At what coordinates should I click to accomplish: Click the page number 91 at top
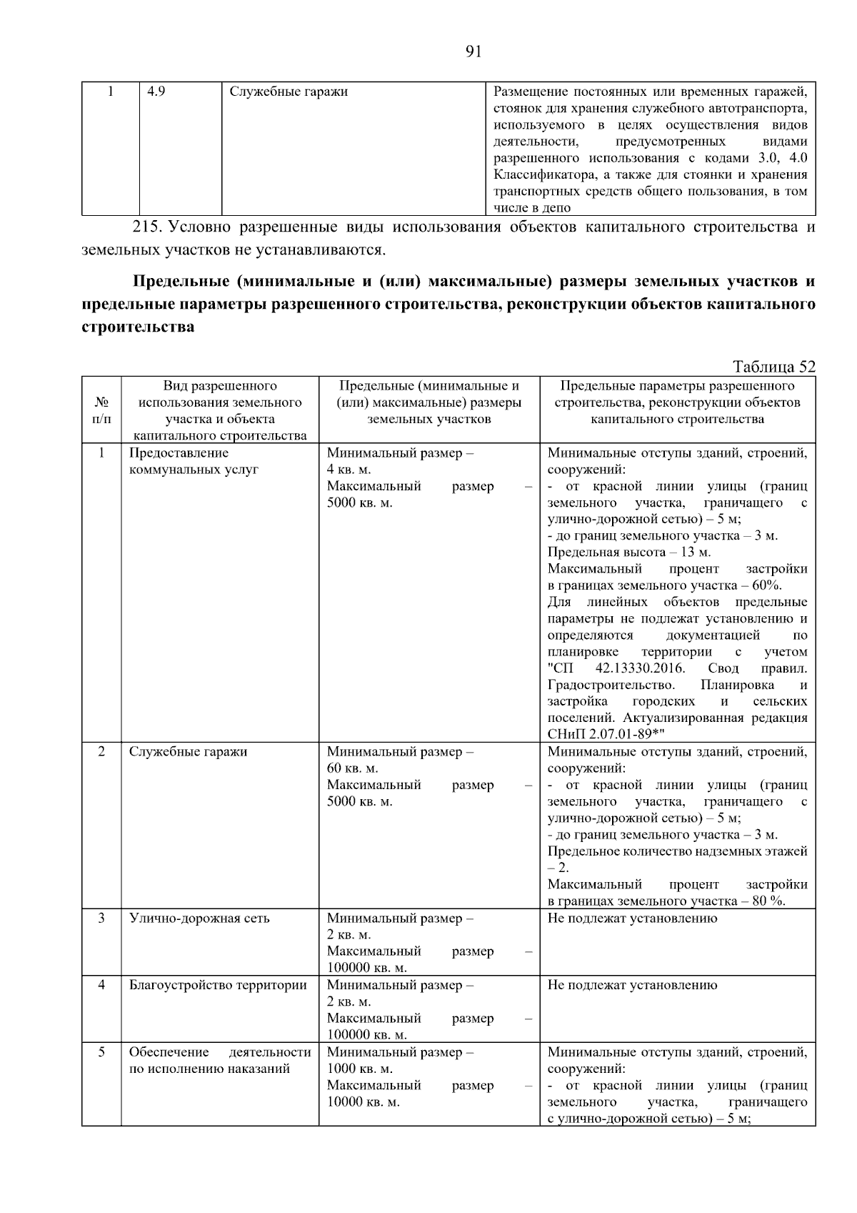tap(473, 51)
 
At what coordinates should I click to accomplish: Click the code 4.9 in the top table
tap(156, 91)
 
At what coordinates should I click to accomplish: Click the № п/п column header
tap(101, 410)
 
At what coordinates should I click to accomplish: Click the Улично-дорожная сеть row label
tap(199, 919)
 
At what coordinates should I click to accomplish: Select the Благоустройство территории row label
tap(218, 985)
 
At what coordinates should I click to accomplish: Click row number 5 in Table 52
tap(101, 1052)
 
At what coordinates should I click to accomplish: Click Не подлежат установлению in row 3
tap(632, 919)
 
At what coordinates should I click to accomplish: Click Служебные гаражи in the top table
tap(289, 91)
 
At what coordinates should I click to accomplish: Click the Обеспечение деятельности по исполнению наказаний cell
tap(219, 1061)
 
